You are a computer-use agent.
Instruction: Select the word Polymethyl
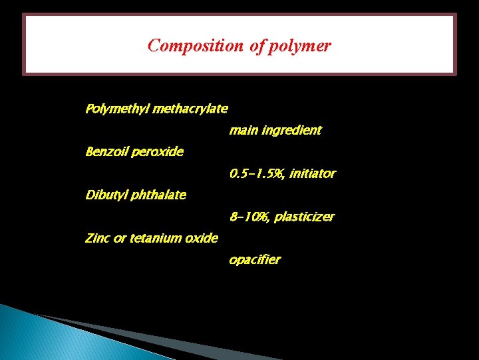(x=117, y=109)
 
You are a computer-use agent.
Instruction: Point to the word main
(x=243, y=130)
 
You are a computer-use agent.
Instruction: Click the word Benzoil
(x=106, y=152)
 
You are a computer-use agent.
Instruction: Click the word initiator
(x=312, y=174)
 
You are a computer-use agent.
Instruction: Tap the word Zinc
(x=98, y=238)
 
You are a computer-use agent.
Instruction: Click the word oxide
(x=203, y=238)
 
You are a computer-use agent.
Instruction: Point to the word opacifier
(x=255, y=260)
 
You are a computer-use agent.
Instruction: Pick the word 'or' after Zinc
(x=120, y=239)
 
